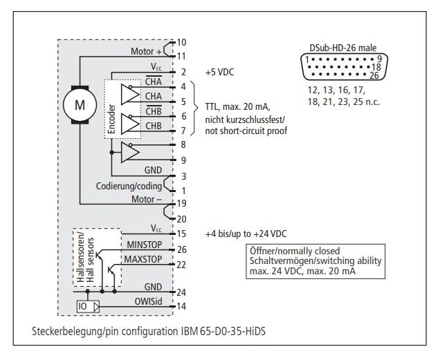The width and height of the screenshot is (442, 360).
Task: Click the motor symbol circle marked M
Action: pos(79,104)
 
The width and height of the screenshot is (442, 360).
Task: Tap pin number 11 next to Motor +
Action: pos(182,55)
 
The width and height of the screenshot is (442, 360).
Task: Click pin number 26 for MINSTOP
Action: pos(182,249)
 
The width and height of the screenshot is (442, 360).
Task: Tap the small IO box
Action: pos(83,305)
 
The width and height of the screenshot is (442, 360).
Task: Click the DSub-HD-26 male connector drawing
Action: pos(340,67)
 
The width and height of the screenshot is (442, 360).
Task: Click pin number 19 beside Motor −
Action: pos(182,205)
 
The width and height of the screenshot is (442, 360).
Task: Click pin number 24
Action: pos(182,292)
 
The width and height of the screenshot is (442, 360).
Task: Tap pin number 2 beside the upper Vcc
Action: pos(183,72)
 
